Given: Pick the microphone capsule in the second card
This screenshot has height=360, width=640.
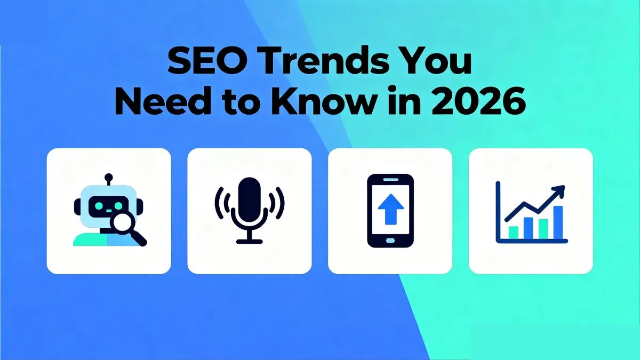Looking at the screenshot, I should (x=249, y=198).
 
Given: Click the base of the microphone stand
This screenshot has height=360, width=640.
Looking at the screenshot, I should (x=249, y=242).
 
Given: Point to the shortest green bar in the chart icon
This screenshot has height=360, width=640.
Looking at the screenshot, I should (x=513, y=233).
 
